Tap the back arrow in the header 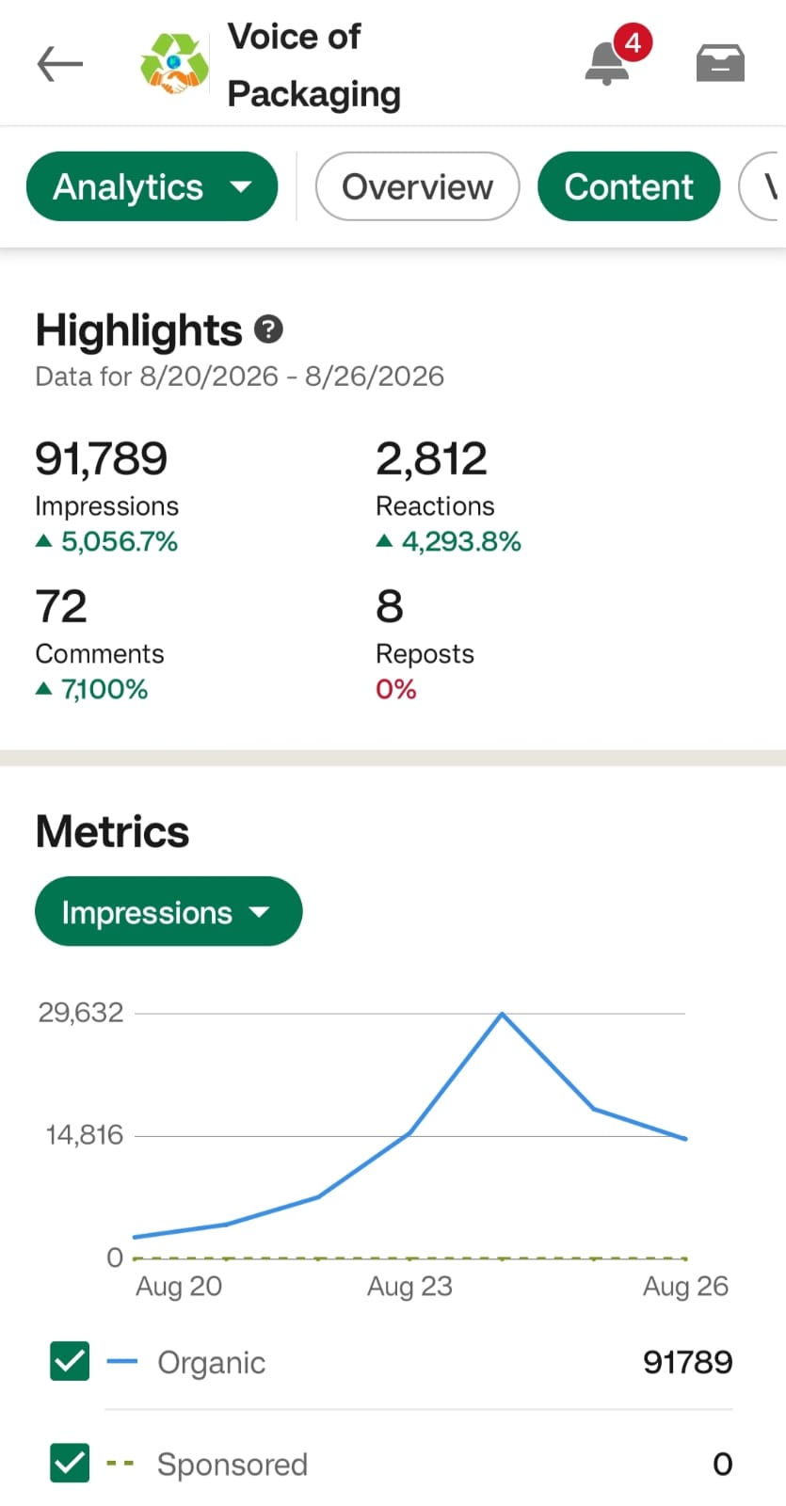pyautogui.click(x=60, y=64)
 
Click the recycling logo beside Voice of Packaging pyautogui.click(x=174, y=64)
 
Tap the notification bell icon pyautogui.click(x=607, y=63)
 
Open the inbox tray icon pyautogui.click(x=720, y=63)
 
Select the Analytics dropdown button pyautogui.click(x=152, y=186)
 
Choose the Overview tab pyautogui.click(x=418, y=186)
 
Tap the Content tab pyautogui.click(x=629, y=186)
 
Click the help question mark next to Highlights pyautogui.click(x=268, y=329)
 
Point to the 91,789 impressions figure pyautogui.click(x=102, y=458)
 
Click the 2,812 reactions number pyautogui.click(x=432, y=458)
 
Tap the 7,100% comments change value pyautogui.click(x=104, y=689)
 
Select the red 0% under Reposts pyautogui.click(x=396, y=689)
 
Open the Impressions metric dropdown pyautogui.click(x=168, y=911)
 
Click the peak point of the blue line pyautogui.click(x=502, y=1013)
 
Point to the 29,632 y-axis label pyautogui.click(x=81, y=1013)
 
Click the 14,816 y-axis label pyautogui.click(x=85, y=1135)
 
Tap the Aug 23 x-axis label pyautogui.click(x=409, y=1287)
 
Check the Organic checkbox pyautogui.click(x=70, y=1361)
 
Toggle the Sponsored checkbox pyautogui.click(x=70, y=1463)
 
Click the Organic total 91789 pyautogui.click(x=688, y=1362)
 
